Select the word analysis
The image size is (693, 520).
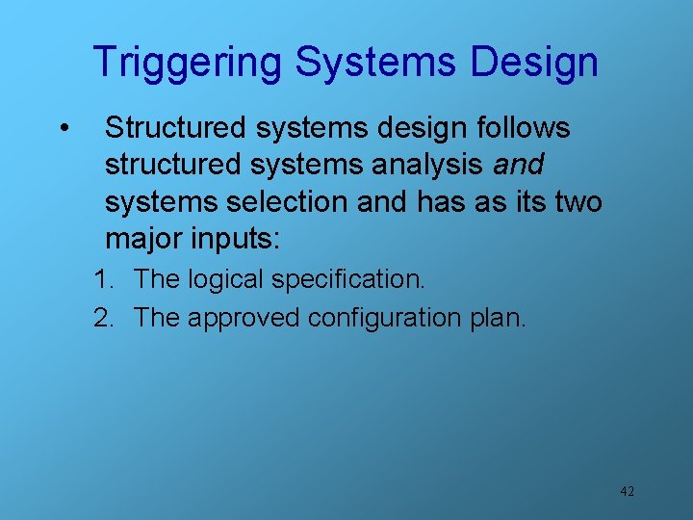pyautogui.click(x=432, y=166)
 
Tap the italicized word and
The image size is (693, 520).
pyautogui.click(x=518, y=166)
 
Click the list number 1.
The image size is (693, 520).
pyautogui.click(x=103, y=280)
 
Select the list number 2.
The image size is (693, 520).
pyautogui.click(x=103, y=318)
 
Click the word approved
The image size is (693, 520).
pyautogui.click(x=244, y=318)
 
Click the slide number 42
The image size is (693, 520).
pyautogui.click(x=627, y=491)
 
